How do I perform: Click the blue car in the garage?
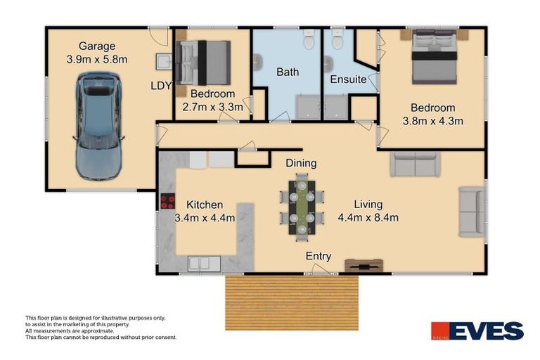[x=98, y=126]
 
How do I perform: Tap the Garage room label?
[x=97, y=46]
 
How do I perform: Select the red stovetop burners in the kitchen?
[x=168, y=202]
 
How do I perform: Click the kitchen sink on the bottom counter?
[x=204, y=264]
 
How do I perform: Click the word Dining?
[x=301, y=163]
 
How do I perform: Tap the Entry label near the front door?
[x=319, y=256]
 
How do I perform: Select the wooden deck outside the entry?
[x=292, y=303]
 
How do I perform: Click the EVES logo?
[x=477, y=330]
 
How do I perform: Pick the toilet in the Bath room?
[x=309, y=39]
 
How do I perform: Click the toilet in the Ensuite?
[x=337, y=39]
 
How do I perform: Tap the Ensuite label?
[x=348, y=79]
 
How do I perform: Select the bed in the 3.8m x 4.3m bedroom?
[x=435, y=56]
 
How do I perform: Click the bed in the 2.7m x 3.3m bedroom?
[x=203, y=63]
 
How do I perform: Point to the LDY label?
[x=161, y=86]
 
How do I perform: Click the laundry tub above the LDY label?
[x=164, y=62]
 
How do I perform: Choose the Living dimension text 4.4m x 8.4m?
[x=368, y=218]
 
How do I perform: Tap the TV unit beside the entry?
[x=364, y=266]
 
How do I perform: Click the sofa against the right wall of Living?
[x=472, y=212]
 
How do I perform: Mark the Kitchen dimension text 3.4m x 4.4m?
[x=205, y=218]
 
